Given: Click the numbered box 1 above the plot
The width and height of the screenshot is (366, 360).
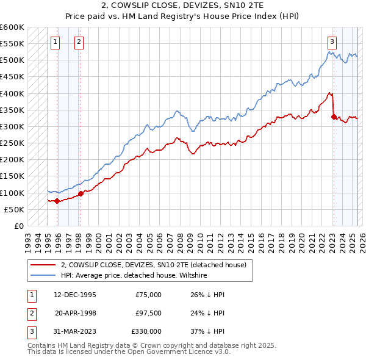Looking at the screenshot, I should (x=56, y=42).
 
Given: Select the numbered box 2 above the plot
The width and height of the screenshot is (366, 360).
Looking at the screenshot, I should (x=79, y=42).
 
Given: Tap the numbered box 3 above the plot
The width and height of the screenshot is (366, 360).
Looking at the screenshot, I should (x=332, y=42).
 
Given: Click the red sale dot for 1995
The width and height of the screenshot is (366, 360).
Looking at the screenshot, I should (x=57, y=201).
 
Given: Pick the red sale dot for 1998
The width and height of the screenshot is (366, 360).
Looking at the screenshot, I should (x=81, y=193).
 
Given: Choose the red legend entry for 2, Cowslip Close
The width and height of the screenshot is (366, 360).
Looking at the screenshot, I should (x=153, y=265).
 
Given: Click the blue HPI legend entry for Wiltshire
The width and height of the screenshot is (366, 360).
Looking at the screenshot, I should (x=134, y=276).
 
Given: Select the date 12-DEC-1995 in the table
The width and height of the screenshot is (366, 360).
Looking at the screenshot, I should (x=74, y=295).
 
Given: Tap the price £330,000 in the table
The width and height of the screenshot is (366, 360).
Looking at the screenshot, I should (x=146, y=331).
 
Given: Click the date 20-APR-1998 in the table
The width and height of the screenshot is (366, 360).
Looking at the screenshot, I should (x=74, y=313).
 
